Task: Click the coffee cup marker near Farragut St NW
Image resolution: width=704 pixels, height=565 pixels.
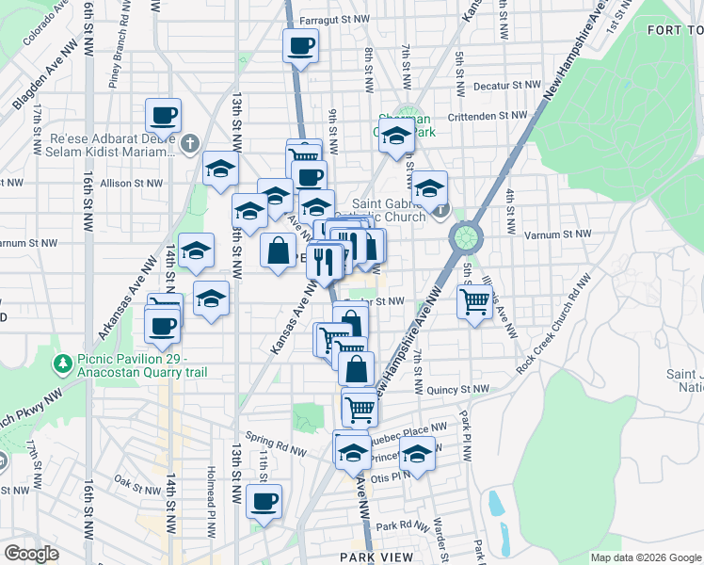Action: [x=300, y=44]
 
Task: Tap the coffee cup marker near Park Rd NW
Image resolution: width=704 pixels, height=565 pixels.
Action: [x=264, y=500]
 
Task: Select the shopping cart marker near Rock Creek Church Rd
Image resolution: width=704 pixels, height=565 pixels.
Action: [x=474, y=302]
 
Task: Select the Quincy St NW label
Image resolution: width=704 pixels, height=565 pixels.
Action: [x=457, y=389]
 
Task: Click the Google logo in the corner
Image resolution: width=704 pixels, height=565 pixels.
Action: [x=31, y=554]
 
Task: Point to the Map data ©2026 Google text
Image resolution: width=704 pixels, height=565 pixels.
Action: [x=645, y=557]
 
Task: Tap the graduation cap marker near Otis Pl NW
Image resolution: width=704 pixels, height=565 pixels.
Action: [x=416, y=455]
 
